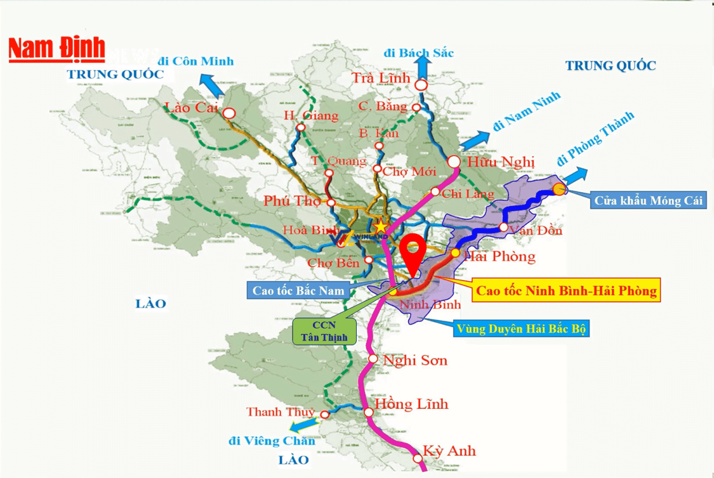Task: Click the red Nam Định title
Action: coord(56,49)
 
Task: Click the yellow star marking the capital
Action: coord(380,225)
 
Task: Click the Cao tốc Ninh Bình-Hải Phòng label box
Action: coord(566,290)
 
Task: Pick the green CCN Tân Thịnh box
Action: coord(324,332)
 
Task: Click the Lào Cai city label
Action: coord(190,108)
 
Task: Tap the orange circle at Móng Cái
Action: coord(559,188)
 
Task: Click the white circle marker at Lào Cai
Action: coord(229,113)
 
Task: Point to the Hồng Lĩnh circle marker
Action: coord(369,412)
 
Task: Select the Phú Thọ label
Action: coord(293,201)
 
